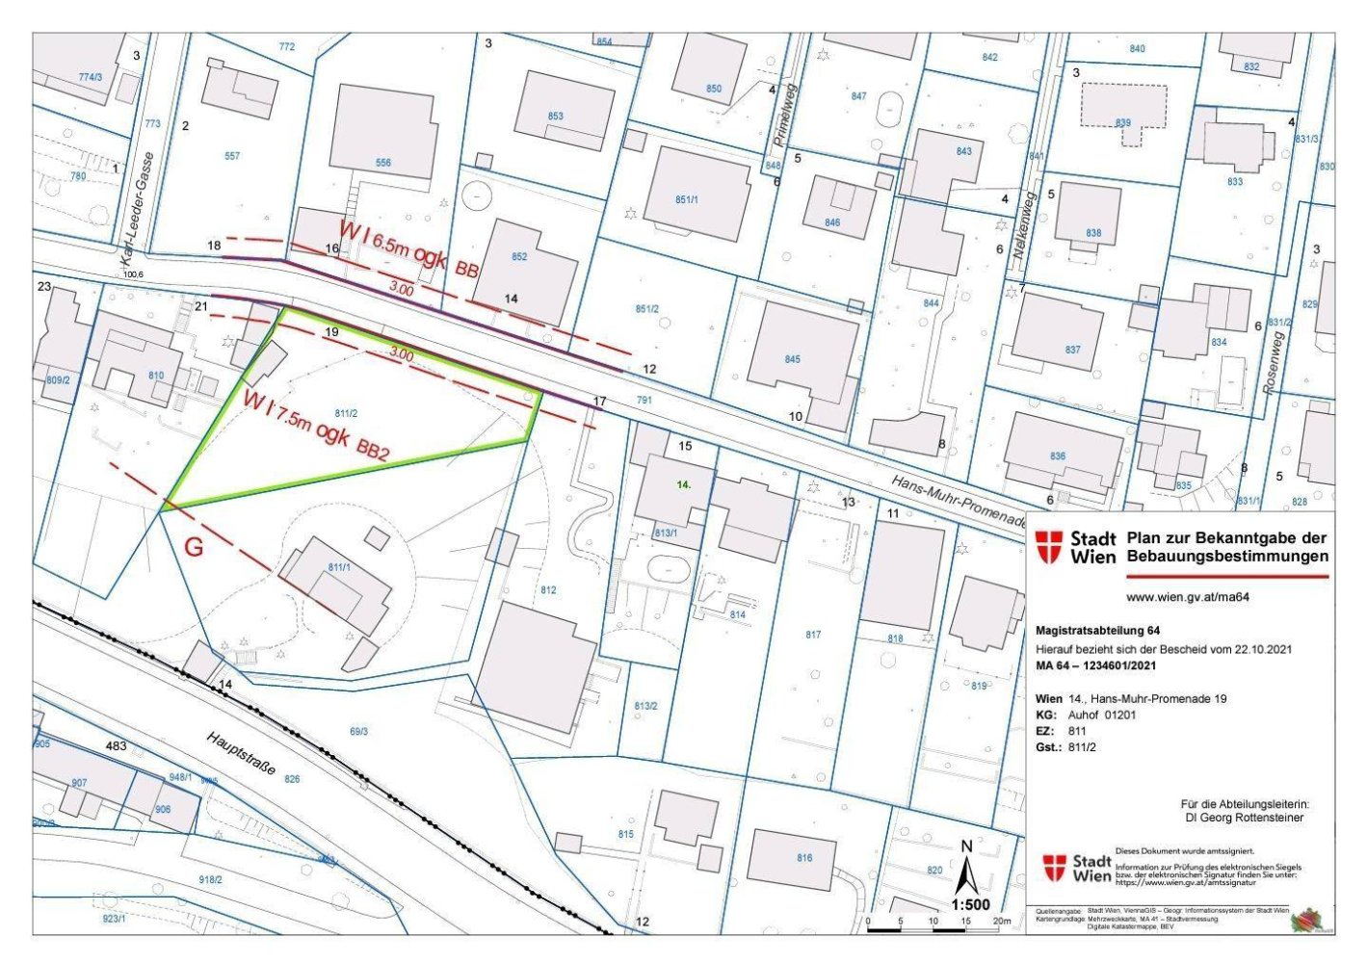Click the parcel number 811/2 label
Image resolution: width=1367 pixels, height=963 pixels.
pyautogui.click(x=346, y=413)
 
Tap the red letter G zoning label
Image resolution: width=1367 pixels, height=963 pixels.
pyautogui.click(x=194, y=548)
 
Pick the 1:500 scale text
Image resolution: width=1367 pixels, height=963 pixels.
pyautogui.click(x=970, y=904)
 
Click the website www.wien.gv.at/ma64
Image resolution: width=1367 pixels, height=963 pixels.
pyautogui.click(x=1187, y=597)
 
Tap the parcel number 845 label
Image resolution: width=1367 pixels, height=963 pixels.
pyautogui.click(x=792, y=359)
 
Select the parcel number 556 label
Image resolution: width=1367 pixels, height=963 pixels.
pyautogui.click(x=383, y=163)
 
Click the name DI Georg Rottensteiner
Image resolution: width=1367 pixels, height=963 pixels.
pyautogui.click(x=1245, y=818)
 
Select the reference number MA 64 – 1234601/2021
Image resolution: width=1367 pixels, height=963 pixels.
pyautogui.click(x=1095, y=665)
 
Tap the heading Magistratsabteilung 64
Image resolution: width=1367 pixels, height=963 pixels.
pyautogui.click(x=1097, y=631)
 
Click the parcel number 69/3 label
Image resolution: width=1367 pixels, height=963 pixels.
pyautogui.click(x=358, y=732)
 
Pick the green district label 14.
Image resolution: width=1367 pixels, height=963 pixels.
pyautogui.click(x=683, y=485)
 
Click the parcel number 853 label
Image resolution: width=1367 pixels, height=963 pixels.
pyautogui.click(x=555, y=117)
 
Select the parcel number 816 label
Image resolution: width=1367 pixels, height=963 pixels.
pyautogui.click(x=803, y=858)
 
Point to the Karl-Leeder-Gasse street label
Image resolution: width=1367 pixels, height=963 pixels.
pyautogui.click(x=137, y=209)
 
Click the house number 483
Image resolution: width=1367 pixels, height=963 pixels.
pyautogui.click(x=116, y=746)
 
